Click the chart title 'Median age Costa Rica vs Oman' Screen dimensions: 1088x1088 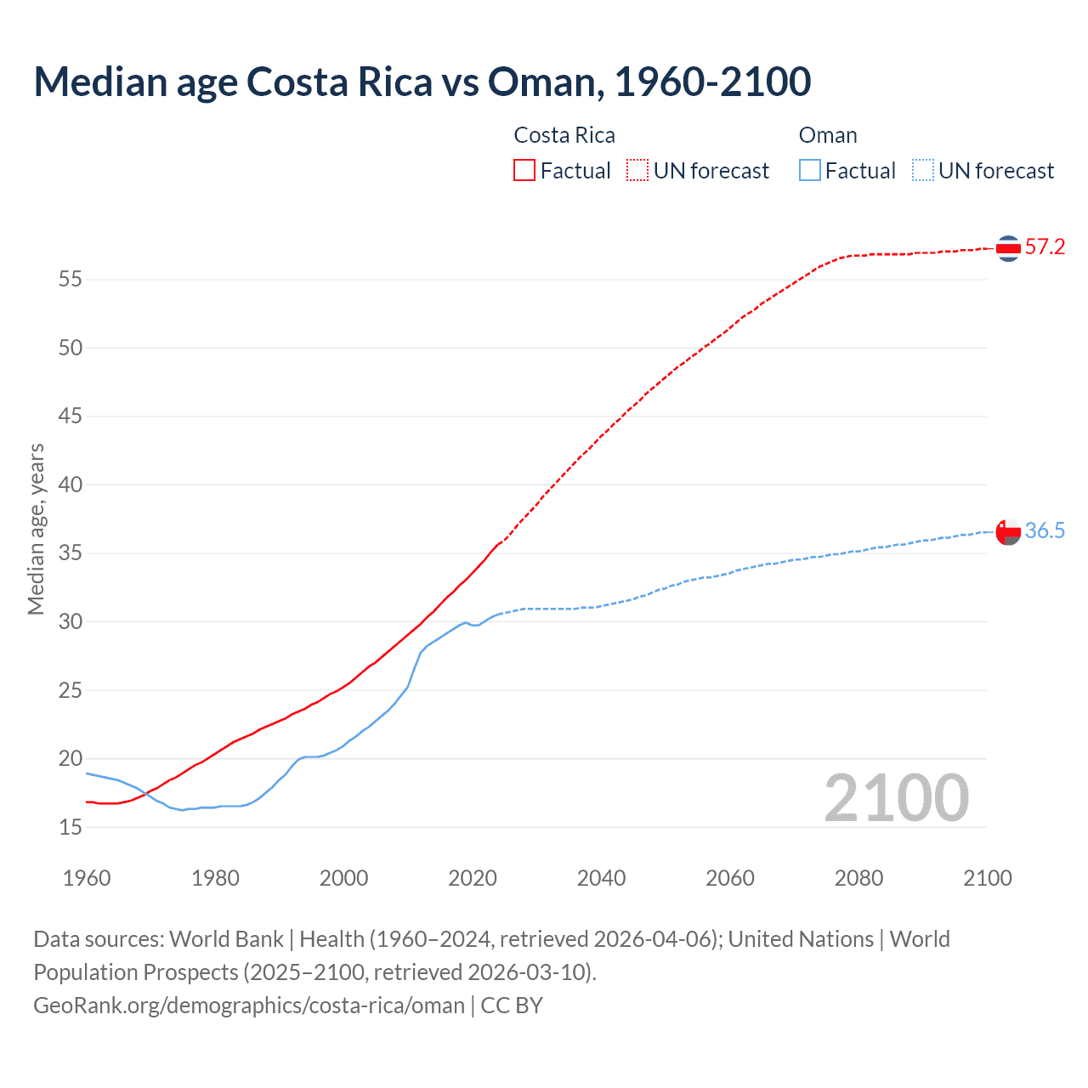coord(422,82)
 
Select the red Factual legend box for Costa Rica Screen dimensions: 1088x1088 coord(524,170)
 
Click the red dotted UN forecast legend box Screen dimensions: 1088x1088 coord(637,170)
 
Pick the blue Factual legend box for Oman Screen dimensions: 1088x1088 coord(810,170)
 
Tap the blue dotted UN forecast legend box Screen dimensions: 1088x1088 coord(923,170)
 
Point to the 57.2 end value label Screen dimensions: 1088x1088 coord(1045,247)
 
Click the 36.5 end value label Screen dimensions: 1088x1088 coord(1045,531)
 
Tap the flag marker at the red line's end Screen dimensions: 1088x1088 coord(1008,248)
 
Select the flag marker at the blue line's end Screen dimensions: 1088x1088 coord(1008,532)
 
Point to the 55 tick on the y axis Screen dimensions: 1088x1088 coord(71,279)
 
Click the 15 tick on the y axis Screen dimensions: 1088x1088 coord(71,827)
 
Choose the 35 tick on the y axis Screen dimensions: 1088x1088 coord(71,553)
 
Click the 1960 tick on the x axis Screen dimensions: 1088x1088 coord(87,878)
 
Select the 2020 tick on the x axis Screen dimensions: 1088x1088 coord(473,878)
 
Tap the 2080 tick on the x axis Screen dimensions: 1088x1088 coord(858,878)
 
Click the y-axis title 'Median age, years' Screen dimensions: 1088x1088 coord(36,529)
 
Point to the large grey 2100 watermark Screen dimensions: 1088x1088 coord(897,797)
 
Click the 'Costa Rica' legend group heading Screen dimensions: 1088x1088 coord(564,135)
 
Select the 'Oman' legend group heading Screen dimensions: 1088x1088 coord(828,135)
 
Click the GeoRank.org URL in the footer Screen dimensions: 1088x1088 coord(249,1006)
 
